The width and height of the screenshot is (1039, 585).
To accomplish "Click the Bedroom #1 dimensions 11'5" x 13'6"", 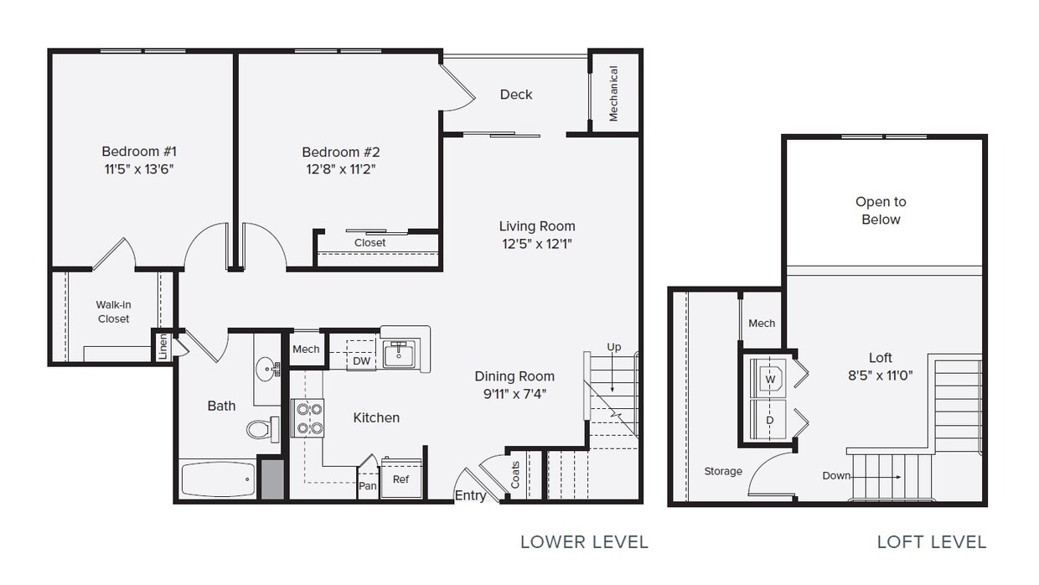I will click(x=139, y=169).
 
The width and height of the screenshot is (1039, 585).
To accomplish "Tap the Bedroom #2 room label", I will click(x=340, y=152).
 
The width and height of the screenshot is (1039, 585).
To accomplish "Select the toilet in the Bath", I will click(x=263, y=429).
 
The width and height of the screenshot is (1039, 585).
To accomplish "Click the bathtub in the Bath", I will click(x=218, y=479).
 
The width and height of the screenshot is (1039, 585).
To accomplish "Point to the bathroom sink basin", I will click(x=267, y=368).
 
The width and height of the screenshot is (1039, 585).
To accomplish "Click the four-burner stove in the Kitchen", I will click(x=307, y=418).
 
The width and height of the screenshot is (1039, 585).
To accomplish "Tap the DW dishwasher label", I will click(x=361, y=361).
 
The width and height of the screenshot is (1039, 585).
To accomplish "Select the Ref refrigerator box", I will click(x=401, y=479).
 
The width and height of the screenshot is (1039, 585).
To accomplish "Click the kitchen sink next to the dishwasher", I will click(x=399, y=353).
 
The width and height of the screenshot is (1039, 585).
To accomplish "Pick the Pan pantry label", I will click(x=368, y=485).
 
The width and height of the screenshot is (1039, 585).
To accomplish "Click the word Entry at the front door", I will click(x=470, y=495).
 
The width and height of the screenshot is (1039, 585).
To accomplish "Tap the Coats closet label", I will click(x=515, y=475).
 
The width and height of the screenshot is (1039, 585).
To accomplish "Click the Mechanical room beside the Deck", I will click(x=613, y=93).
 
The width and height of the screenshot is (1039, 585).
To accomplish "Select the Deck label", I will click(x=516, y=95).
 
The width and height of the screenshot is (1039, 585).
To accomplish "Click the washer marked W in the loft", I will click(x=768, y=379).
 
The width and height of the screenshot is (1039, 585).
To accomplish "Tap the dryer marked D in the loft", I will click(x=768, y=418).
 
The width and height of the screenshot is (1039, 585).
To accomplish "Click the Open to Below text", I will click(x=881, y=210).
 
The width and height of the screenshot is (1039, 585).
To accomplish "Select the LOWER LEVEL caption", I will click(x=584, y=541).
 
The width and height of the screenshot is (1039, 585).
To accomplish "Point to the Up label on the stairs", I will click(x=614, y=347).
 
